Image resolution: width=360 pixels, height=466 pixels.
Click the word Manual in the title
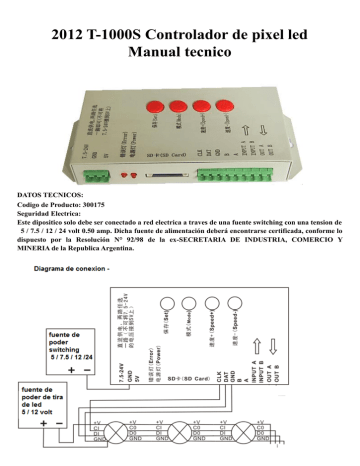pyautogui.click(x=161, y=48)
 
